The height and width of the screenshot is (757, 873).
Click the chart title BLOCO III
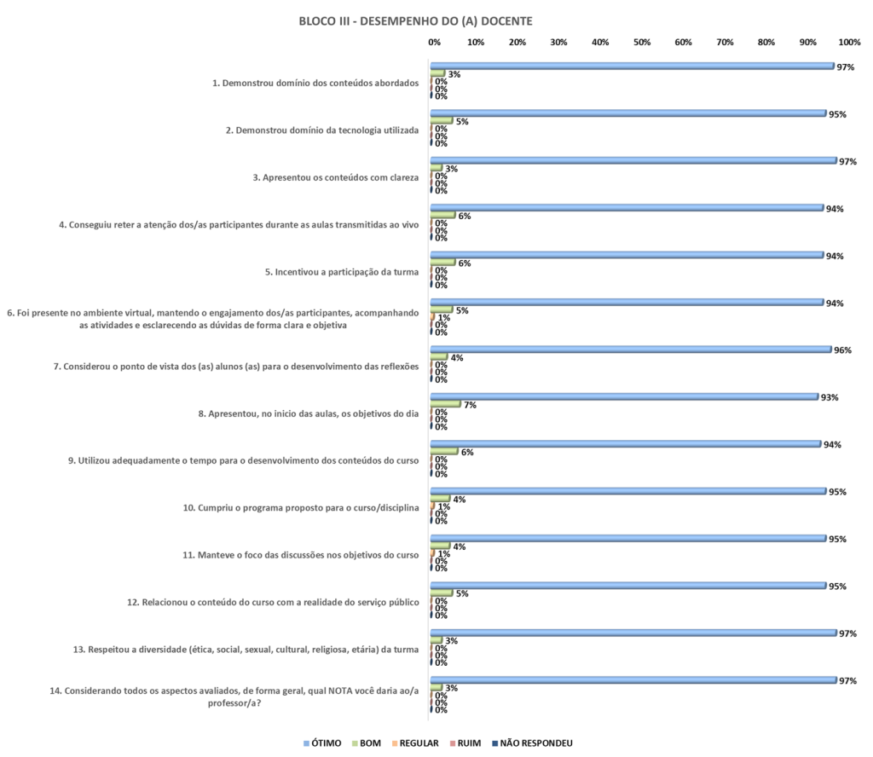(x=415, y=21)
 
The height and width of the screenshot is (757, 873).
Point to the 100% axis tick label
(x=849, y=42)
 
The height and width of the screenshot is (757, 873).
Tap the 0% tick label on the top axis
(x=434, y=42)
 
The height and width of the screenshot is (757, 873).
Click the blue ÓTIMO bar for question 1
(x=631, y=66)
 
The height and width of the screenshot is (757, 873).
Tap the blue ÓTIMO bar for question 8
(x=623, y=396)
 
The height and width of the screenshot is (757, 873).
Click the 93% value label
(x=829, y=397)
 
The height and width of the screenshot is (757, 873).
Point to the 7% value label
(x=469, y=405)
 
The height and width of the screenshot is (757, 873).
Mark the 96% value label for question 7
(x=842, y=350)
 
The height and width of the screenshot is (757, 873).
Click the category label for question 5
(x=342, y=273)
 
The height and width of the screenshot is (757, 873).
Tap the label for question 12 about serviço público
(x=273, y=604)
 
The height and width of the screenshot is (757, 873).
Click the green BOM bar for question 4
(x=443, y=215)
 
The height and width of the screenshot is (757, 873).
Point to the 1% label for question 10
(x=443, y=506)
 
